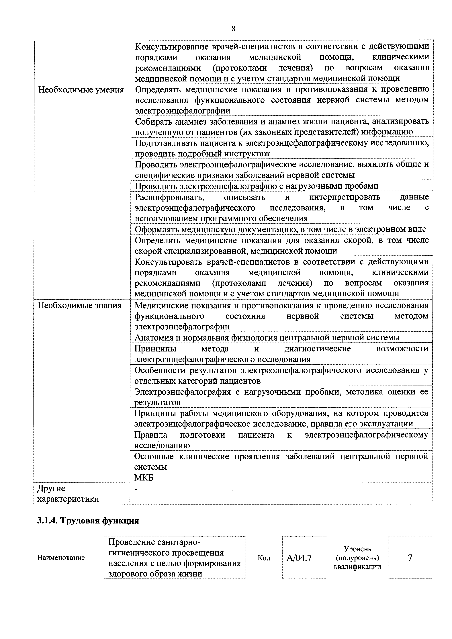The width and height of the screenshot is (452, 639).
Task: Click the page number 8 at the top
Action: point(233,29)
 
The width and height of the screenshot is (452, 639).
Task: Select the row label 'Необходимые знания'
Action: point(80,306)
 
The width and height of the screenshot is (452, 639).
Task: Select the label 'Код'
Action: point(264,558)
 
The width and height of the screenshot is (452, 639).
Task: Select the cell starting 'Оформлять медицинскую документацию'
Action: point(280,229)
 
